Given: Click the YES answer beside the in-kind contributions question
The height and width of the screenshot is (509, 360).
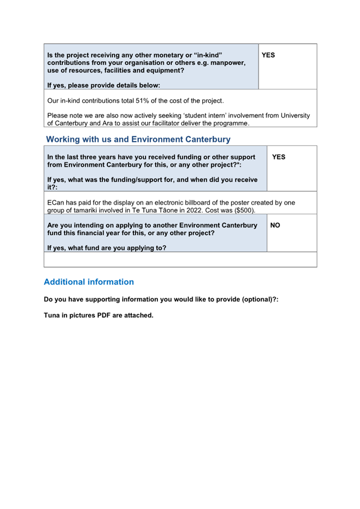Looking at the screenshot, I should (268, 55).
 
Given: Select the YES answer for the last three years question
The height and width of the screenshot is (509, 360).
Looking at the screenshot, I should (278, 157).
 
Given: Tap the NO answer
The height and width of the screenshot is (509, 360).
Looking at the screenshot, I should (275, 225).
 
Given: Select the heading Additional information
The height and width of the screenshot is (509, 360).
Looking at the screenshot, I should (89, 282).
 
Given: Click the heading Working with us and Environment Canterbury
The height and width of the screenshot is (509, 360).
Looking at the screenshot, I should (138, 140).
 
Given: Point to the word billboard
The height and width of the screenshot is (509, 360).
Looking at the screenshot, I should (208, 203).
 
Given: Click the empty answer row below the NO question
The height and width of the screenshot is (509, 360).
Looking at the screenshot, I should (180, 260).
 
